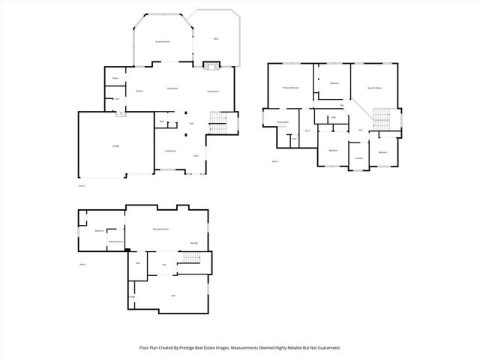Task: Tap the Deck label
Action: click(215, 37)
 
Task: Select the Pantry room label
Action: click(115, 78)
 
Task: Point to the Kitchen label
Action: click(139, 91)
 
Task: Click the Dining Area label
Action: click(172, 89)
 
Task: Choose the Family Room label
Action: click(213, 91)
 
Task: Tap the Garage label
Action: click(116, 145)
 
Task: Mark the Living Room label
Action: click(171, 151)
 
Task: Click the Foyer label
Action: click(195, 155)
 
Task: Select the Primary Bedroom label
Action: click(291, 88)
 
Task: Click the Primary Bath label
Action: click(283, 121)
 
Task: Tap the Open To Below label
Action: click(375, 88)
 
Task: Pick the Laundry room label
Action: click(359, 158)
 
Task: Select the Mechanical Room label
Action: click(115, 241)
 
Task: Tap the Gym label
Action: click(172, 296)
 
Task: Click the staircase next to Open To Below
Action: click(382, 118)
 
